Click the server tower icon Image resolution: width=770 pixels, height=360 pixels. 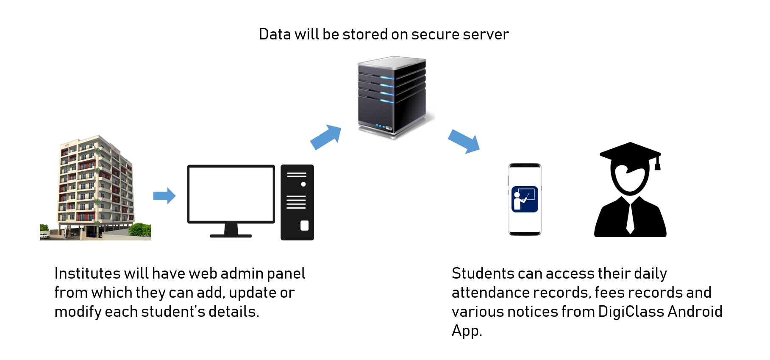point(392,97)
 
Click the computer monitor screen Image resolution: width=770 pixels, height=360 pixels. point(231,194)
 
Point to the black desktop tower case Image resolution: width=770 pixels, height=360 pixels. point(297,202)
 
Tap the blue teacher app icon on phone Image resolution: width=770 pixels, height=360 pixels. point(525,199)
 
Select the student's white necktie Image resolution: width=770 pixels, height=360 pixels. point(630,218)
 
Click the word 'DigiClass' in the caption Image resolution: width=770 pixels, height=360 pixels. point(631,312)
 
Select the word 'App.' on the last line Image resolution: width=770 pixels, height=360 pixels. point(467,331)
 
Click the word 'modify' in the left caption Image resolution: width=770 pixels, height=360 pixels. point(78,312)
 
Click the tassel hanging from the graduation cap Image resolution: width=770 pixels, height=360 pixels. point(657,164)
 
